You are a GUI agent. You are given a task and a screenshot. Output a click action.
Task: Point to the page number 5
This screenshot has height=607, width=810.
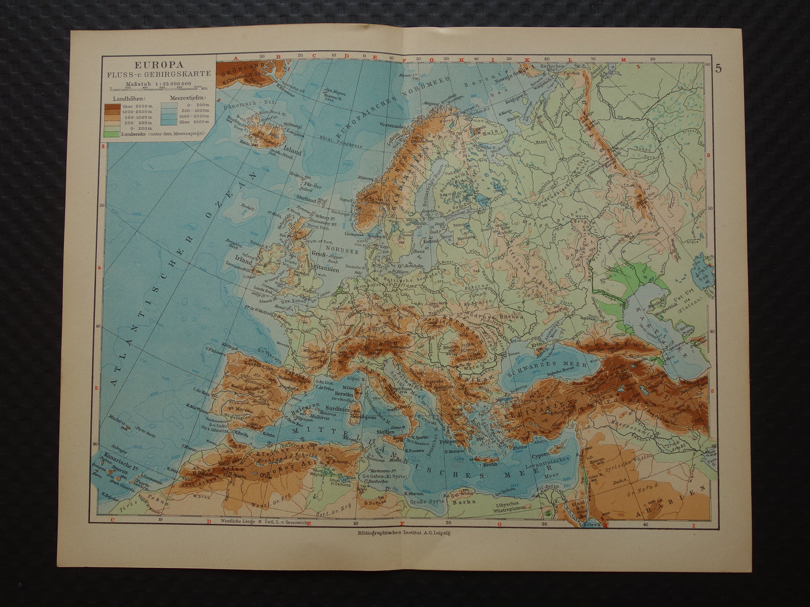pyautogui.click(x=718, y=69)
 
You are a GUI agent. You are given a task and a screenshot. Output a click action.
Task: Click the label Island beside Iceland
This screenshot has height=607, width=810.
pyautogui.click(x=293, y=151)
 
